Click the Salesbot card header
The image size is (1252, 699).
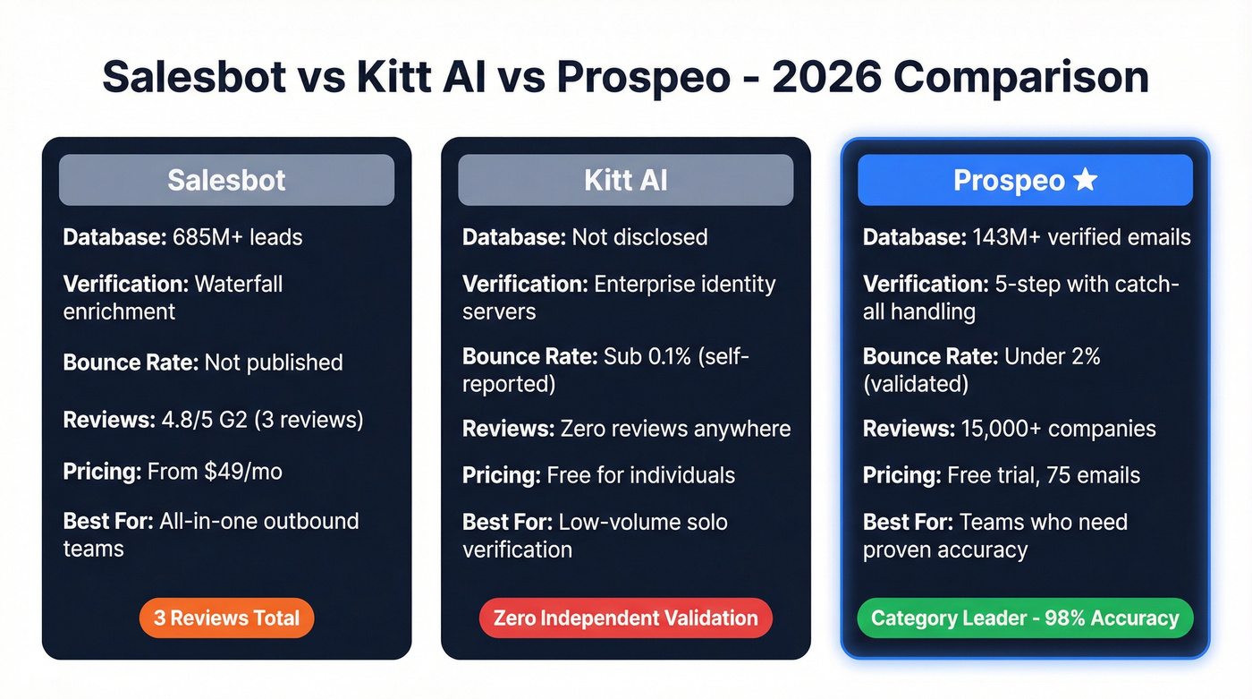[226, 180]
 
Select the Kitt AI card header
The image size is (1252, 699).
[625, 180]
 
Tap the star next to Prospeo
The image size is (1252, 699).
[1085, 180]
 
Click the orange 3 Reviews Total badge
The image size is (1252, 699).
[226, 618]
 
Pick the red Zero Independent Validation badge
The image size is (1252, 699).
[625, 618]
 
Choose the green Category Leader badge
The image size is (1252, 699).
[1025, 618]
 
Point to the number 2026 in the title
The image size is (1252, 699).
[825, 78]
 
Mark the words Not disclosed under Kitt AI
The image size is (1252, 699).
[639, 237]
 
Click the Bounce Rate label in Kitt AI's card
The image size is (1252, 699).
[529, 356]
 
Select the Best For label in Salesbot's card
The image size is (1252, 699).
[108, 521]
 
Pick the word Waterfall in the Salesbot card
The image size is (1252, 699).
[238, 284]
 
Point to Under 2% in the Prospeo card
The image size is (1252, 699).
[1053, 356]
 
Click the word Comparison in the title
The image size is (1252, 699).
[1021, 78]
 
